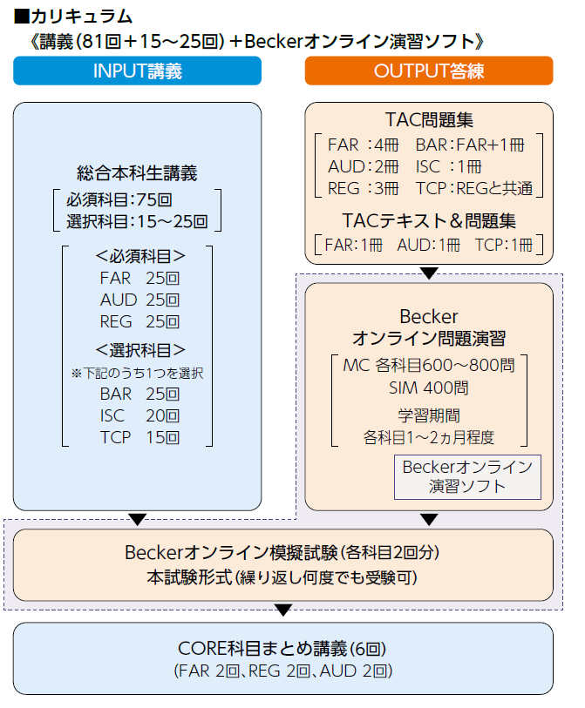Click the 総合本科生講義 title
[137, 173]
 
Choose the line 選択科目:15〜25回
[137, 220]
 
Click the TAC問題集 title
[429, 119]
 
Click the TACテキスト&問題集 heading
[429, 219]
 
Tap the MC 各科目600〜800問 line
[429, 365]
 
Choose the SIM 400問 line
[429, 387]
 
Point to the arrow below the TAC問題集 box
[429, 273]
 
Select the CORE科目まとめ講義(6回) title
[283, 649]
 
